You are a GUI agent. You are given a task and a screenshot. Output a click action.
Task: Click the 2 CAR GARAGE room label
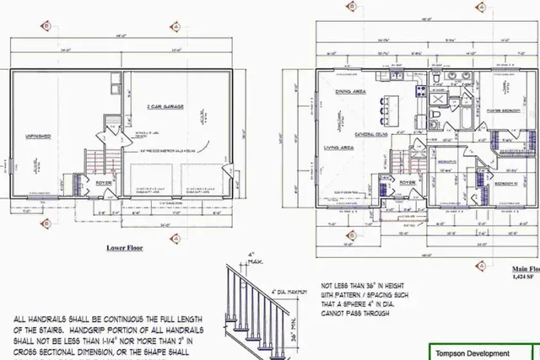[166, 107]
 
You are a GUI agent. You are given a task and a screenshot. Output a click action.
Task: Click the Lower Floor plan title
[124, 250]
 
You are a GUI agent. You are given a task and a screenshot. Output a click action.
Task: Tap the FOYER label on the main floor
[407, 181]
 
